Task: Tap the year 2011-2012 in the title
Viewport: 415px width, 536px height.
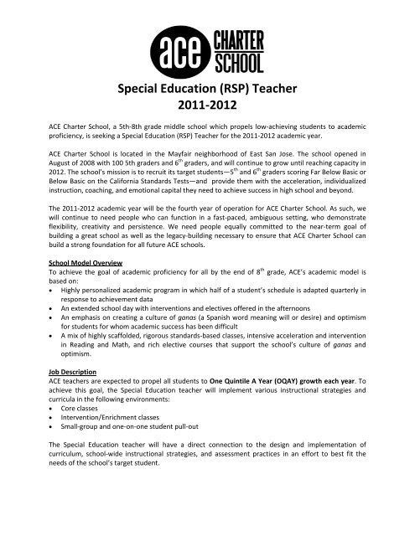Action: pos(207,106)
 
